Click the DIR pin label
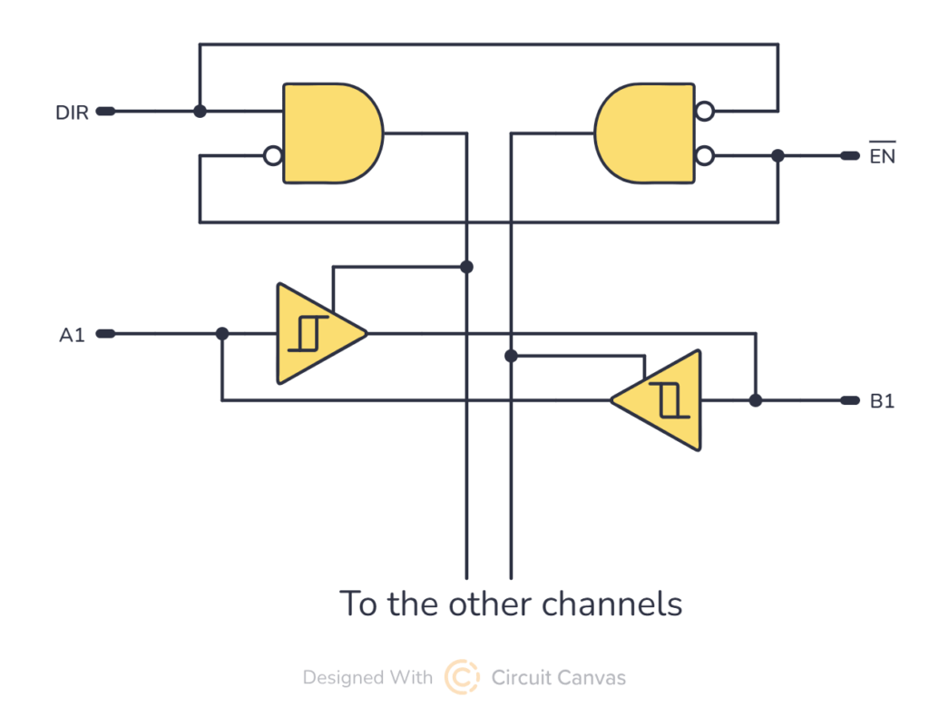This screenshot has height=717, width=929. pos(73,113)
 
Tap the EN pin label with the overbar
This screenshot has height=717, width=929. pos(882,156)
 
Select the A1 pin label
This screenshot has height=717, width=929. pos(72,335)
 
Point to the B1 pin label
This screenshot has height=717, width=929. pos(882,401)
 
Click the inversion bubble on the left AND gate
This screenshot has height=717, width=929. pos(272,156)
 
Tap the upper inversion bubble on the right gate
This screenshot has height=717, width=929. pos(704,112)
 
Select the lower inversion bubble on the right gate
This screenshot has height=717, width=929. pos(704,156)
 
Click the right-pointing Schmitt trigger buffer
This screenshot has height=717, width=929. pos(316,333)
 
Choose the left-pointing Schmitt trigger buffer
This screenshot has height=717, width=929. pos(662,400)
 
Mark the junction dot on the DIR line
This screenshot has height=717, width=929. pos(200,112)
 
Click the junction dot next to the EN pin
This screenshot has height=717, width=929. pos(777,156)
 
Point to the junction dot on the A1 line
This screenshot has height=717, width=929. pos(222,334)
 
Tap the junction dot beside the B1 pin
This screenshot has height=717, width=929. pos(756,400)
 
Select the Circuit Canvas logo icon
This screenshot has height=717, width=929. pos(462,677)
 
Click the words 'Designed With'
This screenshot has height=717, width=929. pos(367,678)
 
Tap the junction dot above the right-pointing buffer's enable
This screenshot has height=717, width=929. pos(466,267)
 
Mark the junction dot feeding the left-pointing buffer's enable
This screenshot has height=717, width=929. pos(511,356)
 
